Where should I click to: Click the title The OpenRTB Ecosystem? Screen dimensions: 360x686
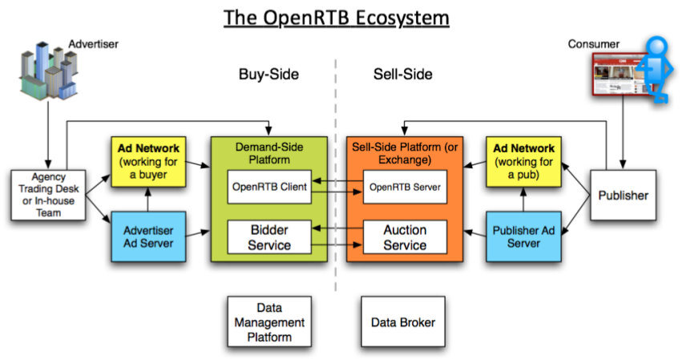(x=336, y=17)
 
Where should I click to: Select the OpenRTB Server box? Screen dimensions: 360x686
(x=404, y=187)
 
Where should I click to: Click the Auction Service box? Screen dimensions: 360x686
(x=404, y=237)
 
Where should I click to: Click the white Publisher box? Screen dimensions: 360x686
(x=623, y=195)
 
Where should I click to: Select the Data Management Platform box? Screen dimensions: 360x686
(x=268, y=322)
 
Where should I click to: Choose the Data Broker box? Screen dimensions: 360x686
(x=403, y=322)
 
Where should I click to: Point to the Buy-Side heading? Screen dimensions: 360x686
(x=268, y=75)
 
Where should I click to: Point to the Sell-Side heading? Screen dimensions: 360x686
(x=402, y=75)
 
